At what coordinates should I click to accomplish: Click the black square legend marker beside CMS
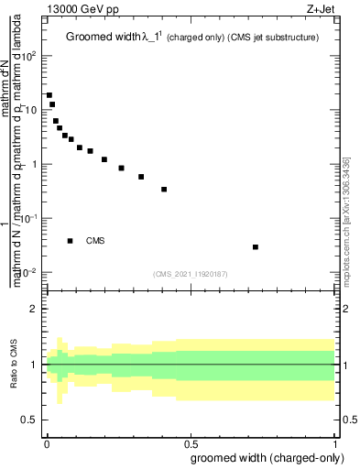pyautogui.click(x=71, y=241)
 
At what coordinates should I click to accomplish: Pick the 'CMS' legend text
pyautogui.click(x=95, y=241)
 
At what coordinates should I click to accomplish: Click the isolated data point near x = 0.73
pyautogui.click(x=256, y=247)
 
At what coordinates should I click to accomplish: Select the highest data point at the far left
pyautogui.click(x=49, y=95)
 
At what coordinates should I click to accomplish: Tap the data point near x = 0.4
pyautogui.click(x=164, y=190)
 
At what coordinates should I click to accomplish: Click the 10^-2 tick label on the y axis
pyautogui.click(x=29, y=273)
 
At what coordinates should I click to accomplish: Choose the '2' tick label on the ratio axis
pyautogui.click(x=34, y=309)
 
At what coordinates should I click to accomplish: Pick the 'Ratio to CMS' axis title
pyautogui.click(x=13, y=365)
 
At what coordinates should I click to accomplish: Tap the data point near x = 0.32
pyautogui.click(x=141, y=177)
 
